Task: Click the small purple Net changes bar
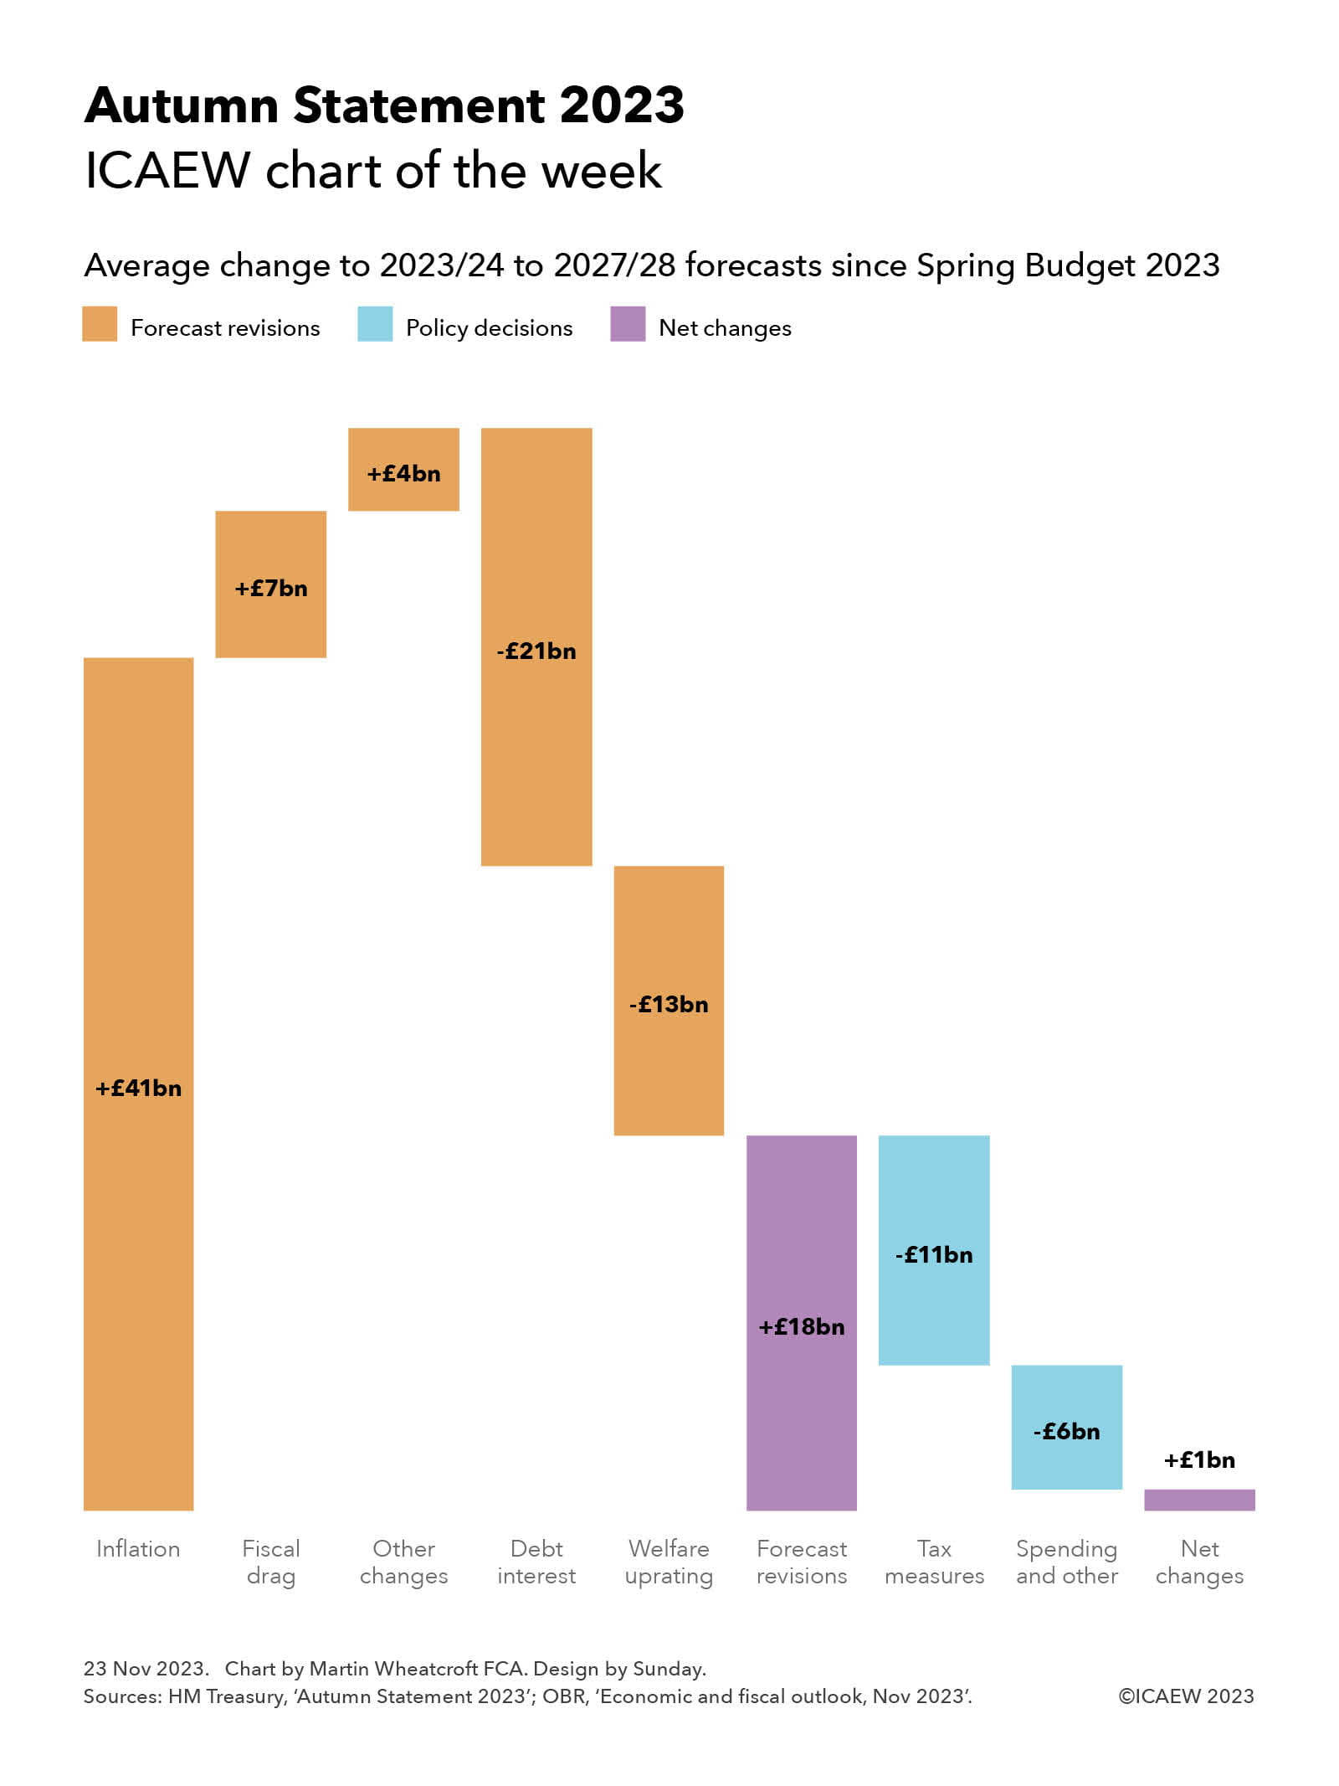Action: tap(1198, 1500)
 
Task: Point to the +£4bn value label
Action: tap(403, 474)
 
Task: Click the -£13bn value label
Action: tap(669, 1004)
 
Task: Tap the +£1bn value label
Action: tap(1198, 1459)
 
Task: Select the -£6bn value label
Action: tap(1066, 1431)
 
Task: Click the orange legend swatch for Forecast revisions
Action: tap(100, 324)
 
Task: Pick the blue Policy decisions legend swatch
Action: tap(374, 324)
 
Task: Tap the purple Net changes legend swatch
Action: tap(628, 324)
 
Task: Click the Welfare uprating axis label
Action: tap(669, 1562)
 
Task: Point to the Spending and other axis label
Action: tap(1066, 1562)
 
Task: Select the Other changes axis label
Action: tap(403, 1562)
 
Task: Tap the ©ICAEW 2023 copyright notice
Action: tap(1186, 1696)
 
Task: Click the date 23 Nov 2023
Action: tap(145, 1668)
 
